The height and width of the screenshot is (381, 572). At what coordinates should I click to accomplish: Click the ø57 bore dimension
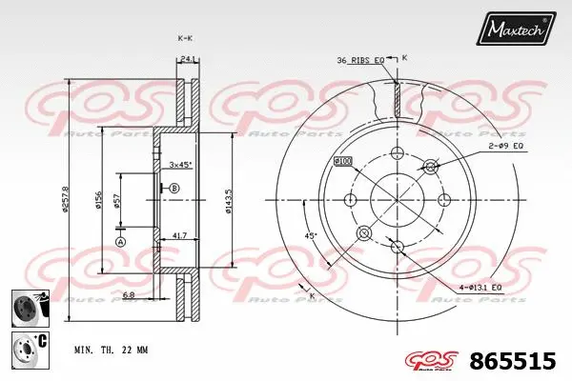click(116, 201)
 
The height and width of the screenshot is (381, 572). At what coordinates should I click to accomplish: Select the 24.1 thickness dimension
click(188, 60)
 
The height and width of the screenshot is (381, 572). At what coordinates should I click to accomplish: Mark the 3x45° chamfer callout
click(180, 165)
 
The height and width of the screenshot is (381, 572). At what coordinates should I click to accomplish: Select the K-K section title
click(185, 37)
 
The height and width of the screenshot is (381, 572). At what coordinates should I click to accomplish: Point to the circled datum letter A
click(120, 242)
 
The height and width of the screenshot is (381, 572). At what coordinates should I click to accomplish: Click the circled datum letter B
click(174, 190)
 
